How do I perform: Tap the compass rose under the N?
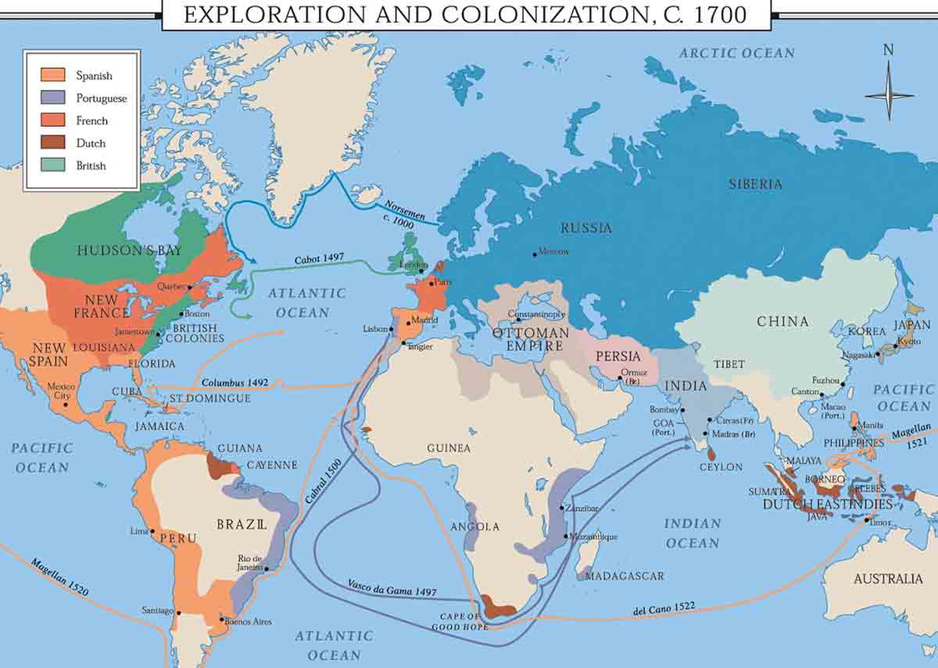889,94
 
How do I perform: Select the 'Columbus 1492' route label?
234,382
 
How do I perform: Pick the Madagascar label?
624,576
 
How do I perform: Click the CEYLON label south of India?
720,467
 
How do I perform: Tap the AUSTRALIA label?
888,579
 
